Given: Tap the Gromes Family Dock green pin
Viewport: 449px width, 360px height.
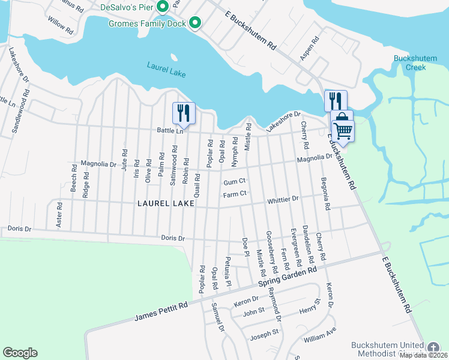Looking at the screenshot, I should point(194,23).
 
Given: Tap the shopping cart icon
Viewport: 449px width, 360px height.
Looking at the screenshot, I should point(343,130).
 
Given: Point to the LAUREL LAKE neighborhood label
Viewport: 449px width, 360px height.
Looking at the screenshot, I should point(166,203).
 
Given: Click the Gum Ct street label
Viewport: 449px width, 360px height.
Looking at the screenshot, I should point(235,182).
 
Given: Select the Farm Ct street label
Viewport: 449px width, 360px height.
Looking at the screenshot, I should point(235,194).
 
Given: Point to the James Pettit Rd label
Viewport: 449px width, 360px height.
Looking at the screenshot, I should point(161,311).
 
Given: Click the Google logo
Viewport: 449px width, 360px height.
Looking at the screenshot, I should point(20,353).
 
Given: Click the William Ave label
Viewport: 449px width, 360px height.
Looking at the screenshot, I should point(320,335).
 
